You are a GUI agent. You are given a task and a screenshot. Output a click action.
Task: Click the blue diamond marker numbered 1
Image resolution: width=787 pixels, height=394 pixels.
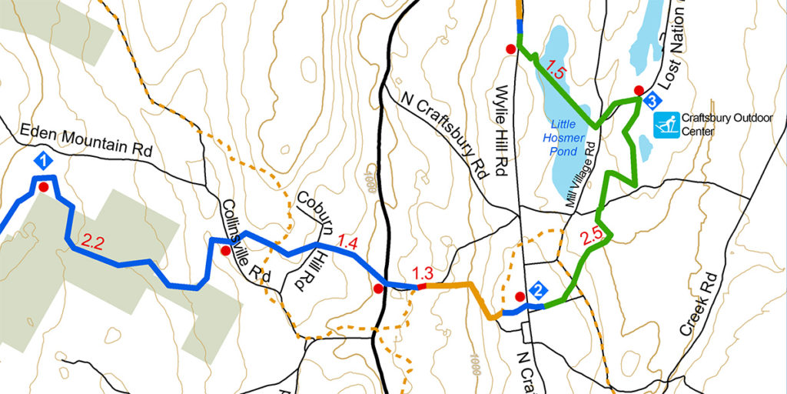click(x=44, y=162)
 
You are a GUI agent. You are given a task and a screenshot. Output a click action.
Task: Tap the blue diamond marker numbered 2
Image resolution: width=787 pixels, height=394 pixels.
click(x=539, y=291)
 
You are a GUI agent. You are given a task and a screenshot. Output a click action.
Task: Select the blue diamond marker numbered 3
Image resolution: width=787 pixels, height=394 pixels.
click(x=651, y=100)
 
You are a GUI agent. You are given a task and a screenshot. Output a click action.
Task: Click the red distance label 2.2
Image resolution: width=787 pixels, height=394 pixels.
click(x=92, y=243)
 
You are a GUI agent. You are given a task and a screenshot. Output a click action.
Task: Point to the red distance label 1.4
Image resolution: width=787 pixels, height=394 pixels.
click(x=347, y=244)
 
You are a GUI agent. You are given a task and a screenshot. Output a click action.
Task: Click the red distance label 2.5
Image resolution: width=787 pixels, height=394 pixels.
click(x=592, y=238)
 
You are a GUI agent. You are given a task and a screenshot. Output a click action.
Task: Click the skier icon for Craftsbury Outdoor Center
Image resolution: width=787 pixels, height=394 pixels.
click(x=666, y=125)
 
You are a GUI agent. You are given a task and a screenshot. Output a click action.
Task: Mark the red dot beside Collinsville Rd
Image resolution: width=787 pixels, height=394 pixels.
click(x=224, y=251)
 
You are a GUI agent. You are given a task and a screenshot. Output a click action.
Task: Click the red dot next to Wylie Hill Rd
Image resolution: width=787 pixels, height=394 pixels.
click(x=510, y=49)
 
